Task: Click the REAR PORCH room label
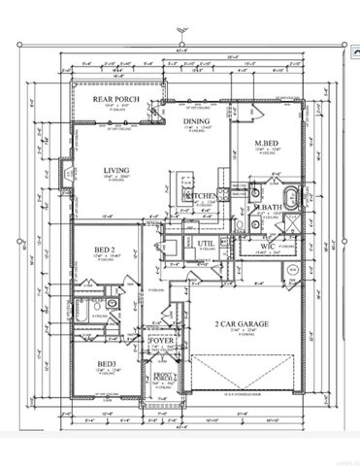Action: click(112, 99)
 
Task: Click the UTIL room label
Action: click(205, 244)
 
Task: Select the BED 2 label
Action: click(106, 250)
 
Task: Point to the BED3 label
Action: click(106, 364)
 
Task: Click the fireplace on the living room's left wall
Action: click(68, 176)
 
